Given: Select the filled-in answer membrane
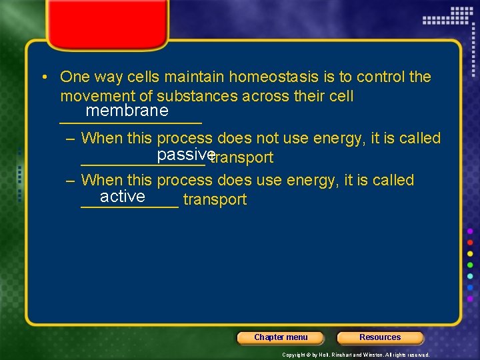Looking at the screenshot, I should click(127, 110).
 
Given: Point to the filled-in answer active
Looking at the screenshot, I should click(123, 196).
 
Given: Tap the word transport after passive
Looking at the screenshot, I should click(242, 158).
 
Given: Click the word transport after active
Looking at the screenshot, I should click(215, 199).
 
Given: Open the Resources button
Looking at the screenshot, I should click(380, 337).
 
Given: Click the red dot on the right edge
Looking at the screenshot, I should click(470, 242).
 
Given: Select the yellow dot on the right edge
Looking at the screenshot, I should click(470, 253).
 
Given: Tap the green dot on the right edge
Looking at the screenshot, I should click(470, 265).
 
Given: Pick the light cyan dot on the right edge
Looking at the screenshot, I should click(470, 276).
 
